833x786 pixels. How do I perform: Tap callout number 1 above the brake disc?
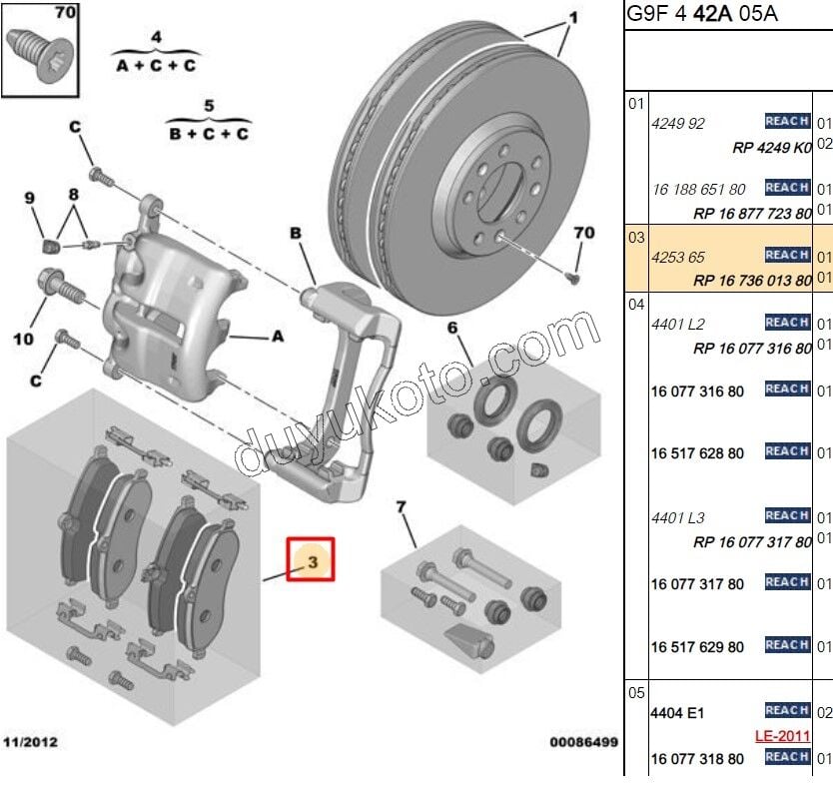(x=573, y=18)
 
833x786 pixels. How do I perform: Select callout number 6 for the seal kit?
(x=451, y=328)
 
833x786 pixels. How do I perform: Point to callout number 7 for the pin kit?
(x=402, y=508)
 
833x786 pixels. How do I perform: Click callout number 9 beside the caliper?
(x=30, y=198)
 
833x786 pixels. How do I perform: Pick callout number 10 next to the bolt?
(x=22, y=339)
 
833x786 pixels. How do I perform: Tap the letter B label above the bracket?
(x=296, y=234)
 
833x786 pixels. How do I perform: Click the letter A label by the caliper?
(x=278, y=337)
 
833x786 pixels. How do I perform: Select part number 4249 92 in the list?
(x=678, y=124)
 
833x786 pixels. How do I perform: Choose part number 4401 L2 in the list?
(x=678, y=325)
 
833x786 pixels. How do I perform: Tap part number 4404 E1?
(x=678, y=713)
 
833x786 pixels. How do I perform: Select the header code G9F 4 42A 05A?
(x=701, y=14)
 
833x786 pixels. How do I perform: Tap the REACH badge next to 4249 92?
(x=786, y=121)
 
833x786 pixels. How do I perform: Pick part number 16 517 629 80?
(x=698, y=647)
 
